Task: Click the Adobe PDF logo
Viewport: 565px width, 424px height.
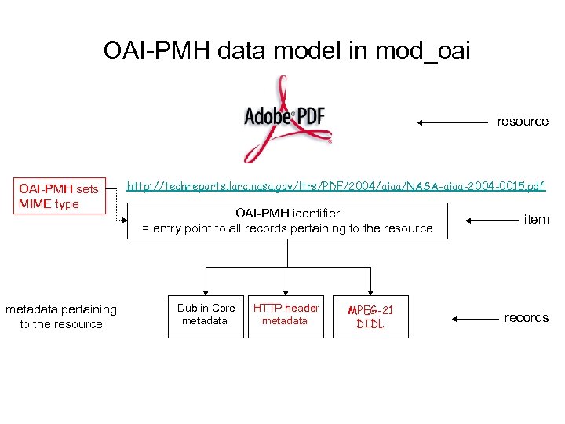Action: point(287,118)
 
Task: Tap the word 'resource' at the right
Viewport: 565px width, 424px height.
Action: point(523,121)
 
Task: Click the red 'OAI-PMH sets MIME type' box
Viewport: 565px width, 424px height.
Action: point(60,196)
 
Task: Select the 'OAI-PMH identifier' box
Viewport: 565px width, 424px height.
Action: point(287,221)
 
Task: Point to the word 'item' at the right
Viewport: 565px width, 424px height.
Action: point(536,219)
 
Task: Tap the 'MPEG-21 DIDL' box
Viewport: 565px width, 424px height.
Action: point(370,316)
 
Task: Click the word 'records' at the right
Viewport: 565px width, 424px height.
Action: point(526,317)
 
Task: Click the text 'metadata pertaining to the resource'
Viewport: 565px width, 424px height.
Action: point(61,316)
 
